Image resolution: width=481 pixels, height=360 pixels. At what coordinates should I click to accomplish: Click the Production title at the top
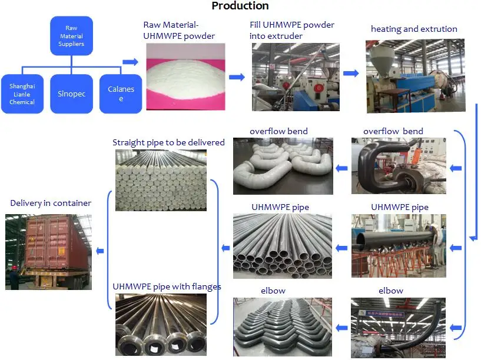[x=240, y=5]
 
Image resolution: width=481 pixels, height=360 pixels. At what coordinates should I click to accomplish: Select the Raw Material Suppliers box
[x=71, y=36]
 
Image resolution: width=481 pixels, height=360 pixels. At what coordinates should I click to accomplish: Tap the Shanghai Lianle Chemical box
[x=22, y=94]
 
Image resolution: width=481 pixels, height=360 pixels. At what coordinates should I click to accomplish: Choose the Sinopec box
[x=71, y=94]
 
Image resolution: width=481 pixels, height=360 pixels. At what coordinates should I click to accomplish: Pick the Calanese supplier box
[x=121, y=94]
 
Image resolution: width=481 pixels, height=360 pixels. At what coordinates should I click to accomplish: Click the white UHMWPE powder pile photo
[x=185, y=76]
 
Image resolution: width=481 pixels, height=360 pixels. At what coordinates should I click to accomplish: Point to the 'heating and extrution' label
[x=414, y=29]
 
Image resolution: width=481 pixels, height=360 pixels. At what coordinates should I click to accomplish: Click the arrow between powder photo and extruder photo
[x=237, y=77]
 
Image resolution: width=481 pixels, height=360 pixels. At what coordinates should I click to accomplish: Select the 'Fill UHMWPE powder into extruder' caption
[x=292, y=31]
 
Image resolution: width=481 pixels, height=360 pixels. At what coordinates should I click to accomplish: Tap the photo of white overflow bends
[x=283, y=166]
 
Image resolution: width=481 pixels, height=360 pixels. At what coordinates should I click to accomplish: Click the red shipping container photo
[x=48, y=252]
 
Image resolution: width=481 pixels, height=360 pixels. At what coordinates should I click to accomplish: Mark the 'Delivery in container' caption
[x=51, y=203]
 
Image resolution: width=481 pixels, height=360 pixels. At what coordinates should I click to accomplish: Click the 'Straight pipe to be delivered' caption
[x=168, y=142]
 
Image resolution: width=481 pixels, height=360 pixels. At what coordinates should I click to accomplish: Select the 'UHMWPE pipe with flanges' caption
[x=167, y=286]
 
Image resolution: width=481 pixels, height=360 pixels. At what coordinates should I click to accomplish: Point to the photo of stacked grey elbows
[x=283, y=327]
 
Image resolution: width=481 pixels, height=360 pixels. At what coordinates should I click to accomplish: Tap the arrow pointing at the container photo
[x=100, y=251]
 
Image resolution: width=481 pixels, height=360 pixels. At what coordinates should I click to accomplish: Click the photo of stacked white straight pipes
[x=161, y=180]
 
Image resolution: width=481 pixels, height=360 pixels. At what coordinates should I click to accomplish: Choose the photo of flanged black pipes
[x=161, y=325]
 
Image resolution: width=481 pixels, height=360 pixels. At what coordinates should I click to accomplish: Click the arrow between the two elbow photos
[x=341, y=328]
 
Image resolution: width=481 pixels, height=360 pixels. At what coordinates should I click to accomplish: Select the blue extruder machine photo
[x=416, y=76]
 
